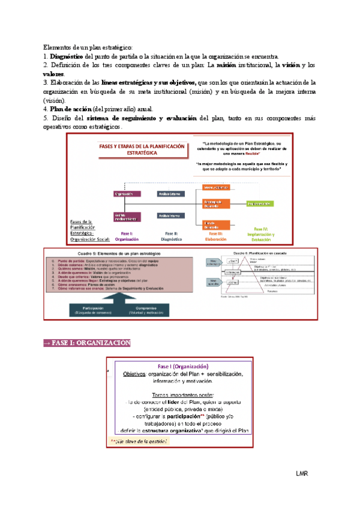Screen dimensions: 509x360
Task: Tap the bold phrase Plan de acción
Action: pyautogui.click(x=69, y=109)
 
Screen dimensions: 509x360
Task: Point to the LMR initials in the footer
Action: pyautogui.click(x=302, y=474)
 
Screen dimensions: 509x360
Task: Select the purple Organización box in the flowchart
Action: pyautogui.click(x=122, y=194)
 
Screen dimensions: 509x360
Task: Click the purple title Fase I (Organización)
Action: pyautogui.click(x=183, y=366)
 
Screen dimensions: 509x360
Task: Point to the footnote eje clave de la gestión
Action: pyautogui.click(x=140, y=440)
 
